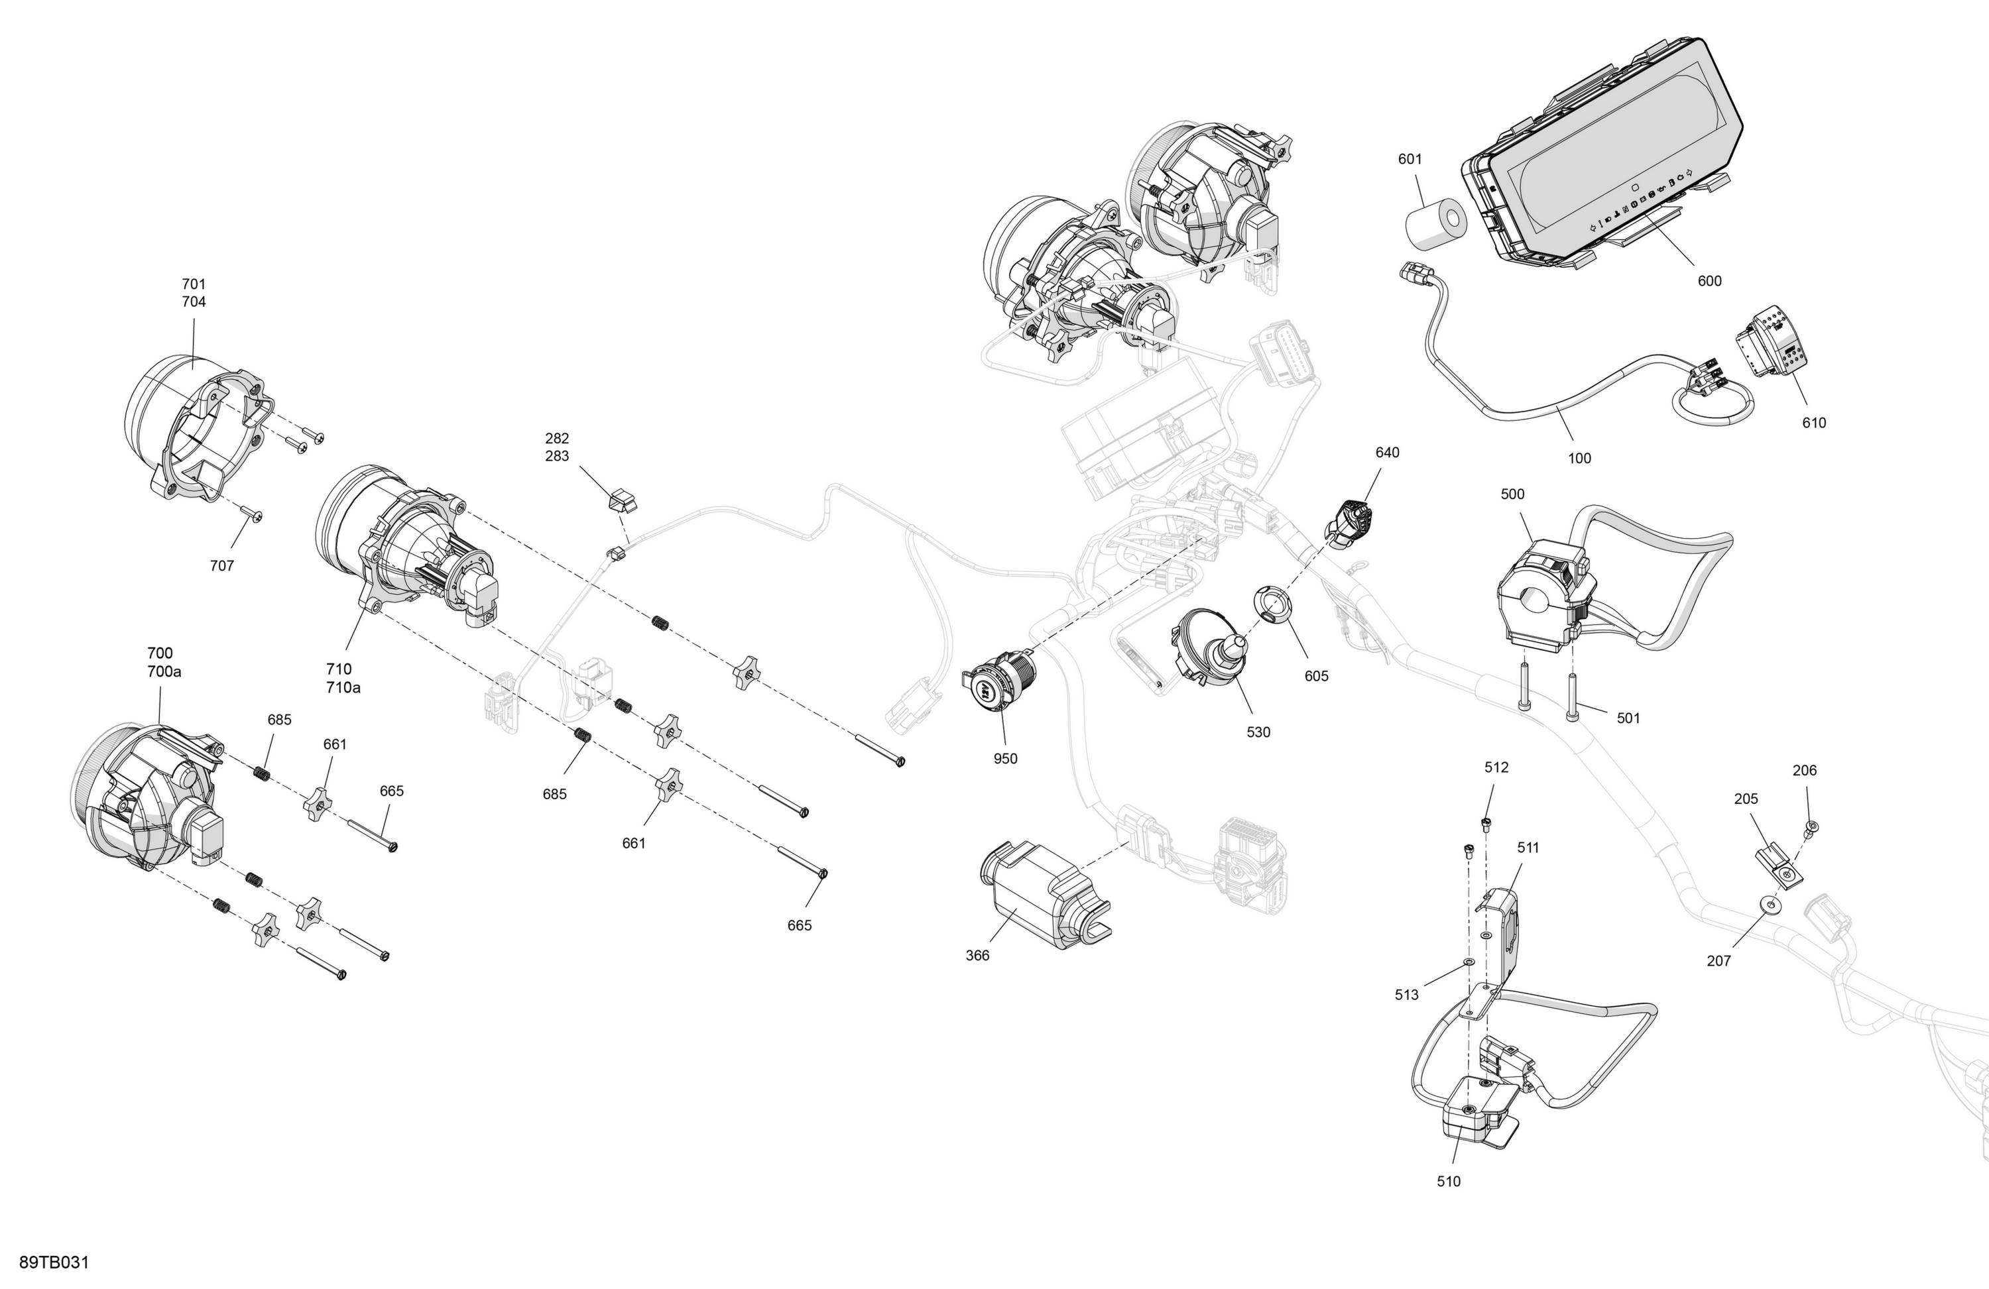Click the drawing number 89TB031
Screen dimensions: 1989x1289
tap(54, 1262)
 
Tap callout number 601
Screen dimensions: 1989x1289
tap(1410, 159)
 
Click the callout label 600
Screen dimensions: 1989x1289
tap(1710, 281)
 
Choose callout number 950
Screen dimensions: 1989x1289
tap(1005, 759)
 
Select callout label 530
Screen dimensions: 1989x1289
tap(1258, 732)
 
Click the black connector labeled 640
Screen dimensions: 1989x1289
tap(1348, 524)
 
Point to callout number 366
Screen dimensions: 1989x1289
tap(977, 955)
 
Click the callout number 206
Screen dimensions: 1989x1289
tap(1804, 770)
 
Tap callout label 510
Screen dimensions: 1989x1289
tap(1448, 1181)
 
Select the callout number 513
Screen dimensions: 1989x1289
tap(1406, 995)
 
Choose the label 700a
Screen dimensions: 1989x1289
tap(164, 671)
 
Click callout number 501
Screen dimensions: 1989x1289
tap(1628, 718)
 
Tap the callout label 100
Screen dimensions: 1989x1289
tap(1579, 458)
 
